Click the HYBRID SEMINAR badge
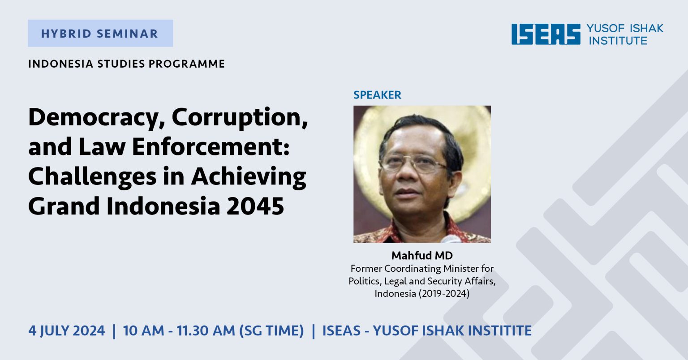(x=100, y=33)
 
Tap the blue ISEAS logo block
(x=546, y=34)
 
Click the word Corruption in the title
(x=240, y=118)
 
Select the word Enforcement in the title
(x=211, y=147)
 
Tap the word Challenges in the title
(x=92, y=176)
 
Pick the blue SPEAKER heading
(x=377, y=95)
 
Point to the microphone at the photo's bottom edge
(x=451, y=239)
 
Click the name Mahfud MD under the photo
(x=422, y=256)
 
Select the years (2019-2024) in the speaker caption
(x=444, y=294)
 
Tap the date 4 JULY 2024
(x=67, y=330)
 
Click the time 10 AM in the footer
(x=143, y=330)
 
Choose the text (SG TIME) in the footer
(x=271, y=331)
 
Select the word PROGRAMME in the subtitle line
(x=187, y=64)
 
